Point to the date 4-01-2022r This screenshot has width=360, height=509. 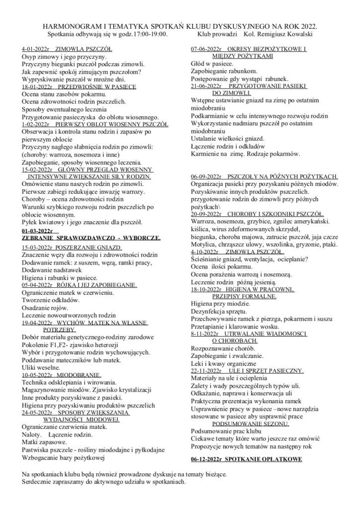(x=35, y=49)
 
